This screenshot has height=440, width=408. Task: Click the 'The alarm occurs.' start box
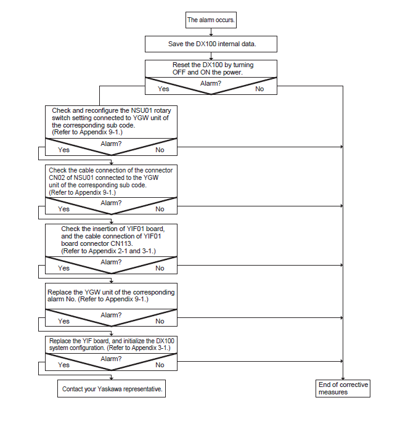[x=211, y=20]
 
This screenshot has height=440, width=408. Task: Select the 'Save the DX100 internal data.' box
[x=211, y=44]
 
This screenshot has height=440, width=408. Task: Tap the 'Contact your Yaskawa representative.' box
[x=112, y=389]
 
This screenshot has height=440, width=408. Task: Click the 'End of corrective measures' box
[x=343, y=388]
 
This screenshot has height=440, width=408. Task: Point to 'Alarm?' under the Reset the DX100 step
[x=211, y=83]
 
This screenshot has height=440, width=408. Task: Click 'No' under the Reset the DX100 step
[x=259, y=89]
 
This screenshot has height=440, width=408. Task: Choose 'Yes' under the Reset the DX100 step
[x=163, y=89]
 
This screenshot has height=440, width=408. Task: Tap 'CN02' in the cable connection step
[x=57, y=177]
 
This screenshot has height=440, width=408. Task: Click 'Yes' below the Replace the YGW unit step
[x=63, y=321]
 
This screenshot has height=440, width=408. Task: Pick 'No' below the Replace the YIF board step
[x=160, y=365]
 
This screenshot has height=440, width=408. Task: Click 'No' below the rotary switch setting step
[x=160, y=150]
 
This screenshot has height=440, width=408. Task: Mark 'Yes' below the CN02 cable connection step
[x=63, y=210]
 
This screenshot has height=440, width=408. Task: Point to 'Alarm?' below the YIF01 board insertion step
[x=111, y=262]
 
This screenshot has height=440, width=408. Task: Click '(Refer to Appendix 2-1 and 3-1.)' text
[x=108, y=251]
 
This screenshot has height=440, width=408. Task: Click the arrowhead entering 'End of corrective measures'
[x=343, y=378]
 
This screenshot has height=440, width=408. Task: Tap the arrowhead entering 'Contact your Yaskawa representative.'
[x=112, y=378]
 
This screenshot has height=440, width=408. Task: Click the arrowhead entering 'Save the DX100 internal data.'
[x=211, y=35]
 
